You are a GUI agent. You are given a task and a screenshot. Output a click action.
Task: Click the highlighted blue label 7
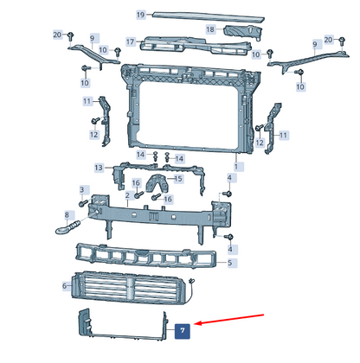(x=183, y=331)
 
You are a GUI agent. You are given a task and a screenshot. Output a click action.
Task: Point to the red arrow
(x=229, y=319)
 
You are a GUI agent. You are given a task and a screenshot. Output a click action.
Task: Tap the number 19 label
(x=141, y=15)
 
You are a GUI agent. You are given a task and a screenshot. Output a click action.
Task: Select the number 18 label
(x=210, y=29)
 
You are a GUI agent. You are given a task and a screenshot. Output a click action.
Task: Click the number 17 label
(x=131, y=42)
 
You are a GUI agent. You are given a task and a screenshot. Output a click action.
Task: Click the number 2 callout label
(x=127, y=195)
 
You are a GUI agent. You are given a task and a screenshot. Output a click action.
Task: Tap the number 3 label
(x=82, y=190)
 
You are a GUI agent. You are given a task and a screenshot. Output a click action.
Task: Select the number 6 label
(x=65, y=286)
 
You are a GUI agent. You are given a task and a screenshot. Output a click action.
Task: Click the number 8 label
(x=67, y=215)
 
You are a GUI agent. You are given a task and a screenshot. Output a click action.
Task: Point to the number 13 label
(x=99, y=168)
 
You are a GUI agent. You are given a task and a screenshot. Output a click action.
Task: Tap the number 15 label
(x=178, y=179)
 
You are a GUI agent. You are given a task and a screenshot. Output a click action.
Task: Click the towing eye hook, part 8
(x=67, y=227)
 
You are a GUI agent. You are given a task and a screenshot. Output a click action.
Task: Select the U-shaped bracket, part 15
(x=157, y=183)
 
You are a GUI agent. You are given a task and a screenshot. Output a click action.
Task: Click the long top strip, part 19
(x=209, y=16)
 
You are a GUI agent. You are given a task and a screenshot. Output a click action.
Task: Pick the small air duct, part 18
(x=243, y=32)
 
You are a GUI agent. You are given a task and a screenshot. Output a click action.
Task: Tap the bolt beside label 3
(x=83, y=203)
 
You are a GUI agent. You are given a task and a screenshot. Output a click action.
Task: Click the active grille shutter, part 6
(x=128, y=288)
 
